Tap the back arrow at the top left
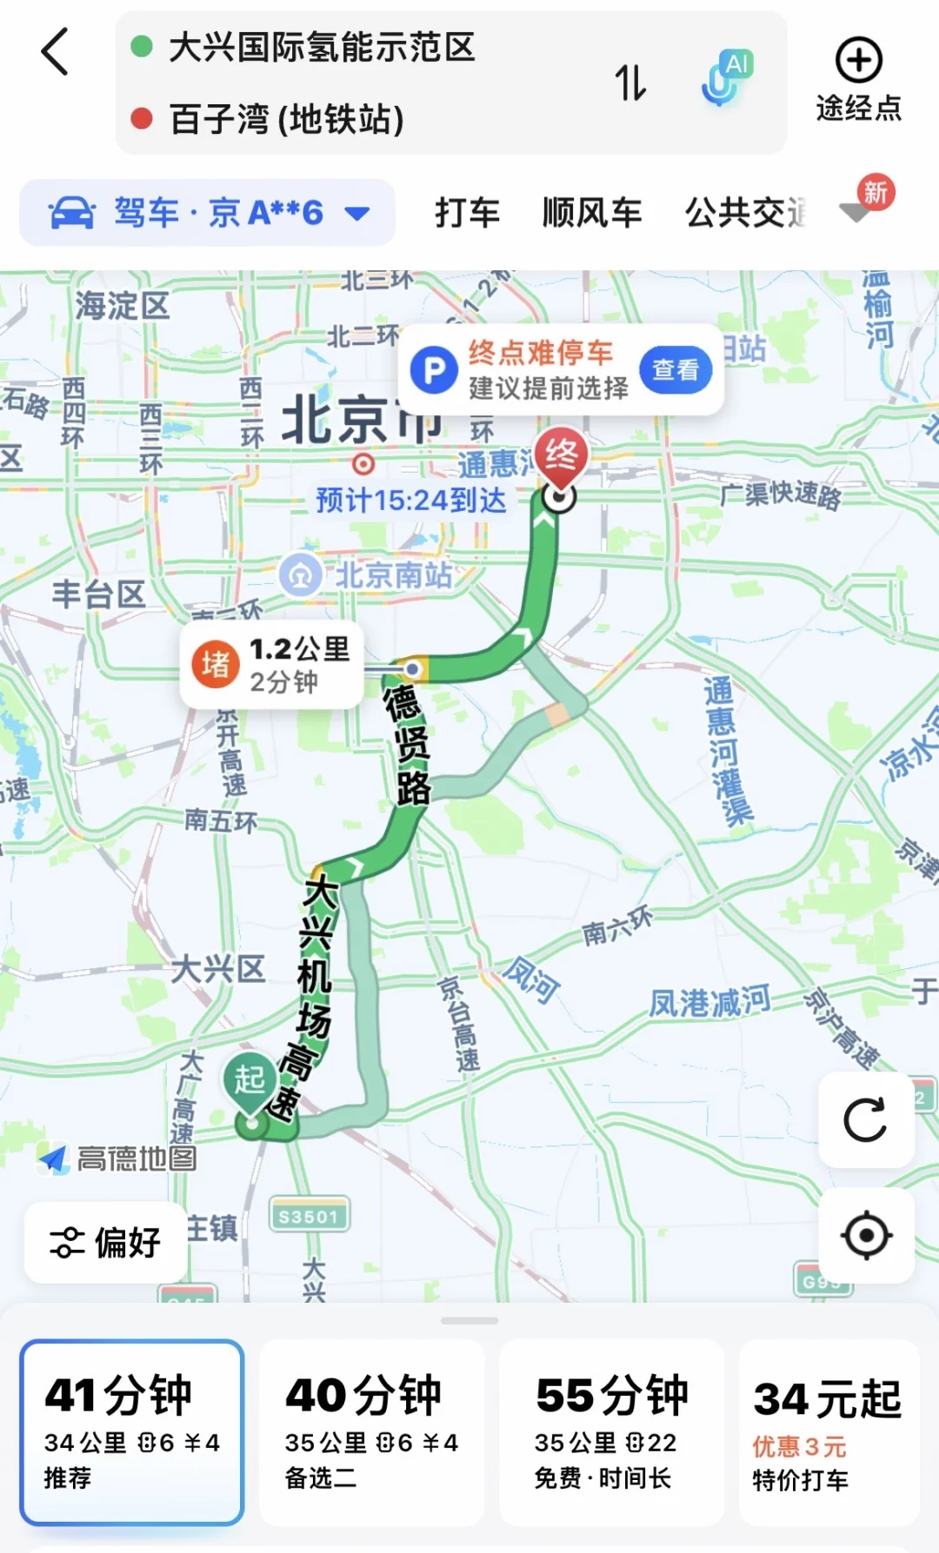click(x=55, y=52)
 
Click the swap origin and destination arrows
click(x=630, y=83)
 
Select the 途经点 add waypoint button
click(x=858, y=79)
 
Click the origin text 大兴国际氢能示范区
click(x=322, y=47)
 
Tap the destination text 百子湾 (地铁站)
click(x=287, y=119)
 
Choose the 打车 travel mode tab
click(x=467, y=213)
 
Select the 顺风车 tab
click(x=592, y=213)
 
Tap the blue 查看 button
click(x=676, y=370)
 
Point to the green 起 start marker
click(x=250, y=1082)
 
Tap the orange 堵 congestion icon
click(x=216, y=665)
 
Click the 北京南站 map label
click(x=393, y=574)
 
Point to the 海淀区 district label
click(x=122, y=305)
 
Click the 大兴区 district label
click(x=217, y=968)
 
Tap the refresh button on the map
click(x=866, y=1119)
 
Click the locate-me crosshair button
click(x=866, y=1235)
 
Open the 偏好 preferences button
click(x=106, y=1242)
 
